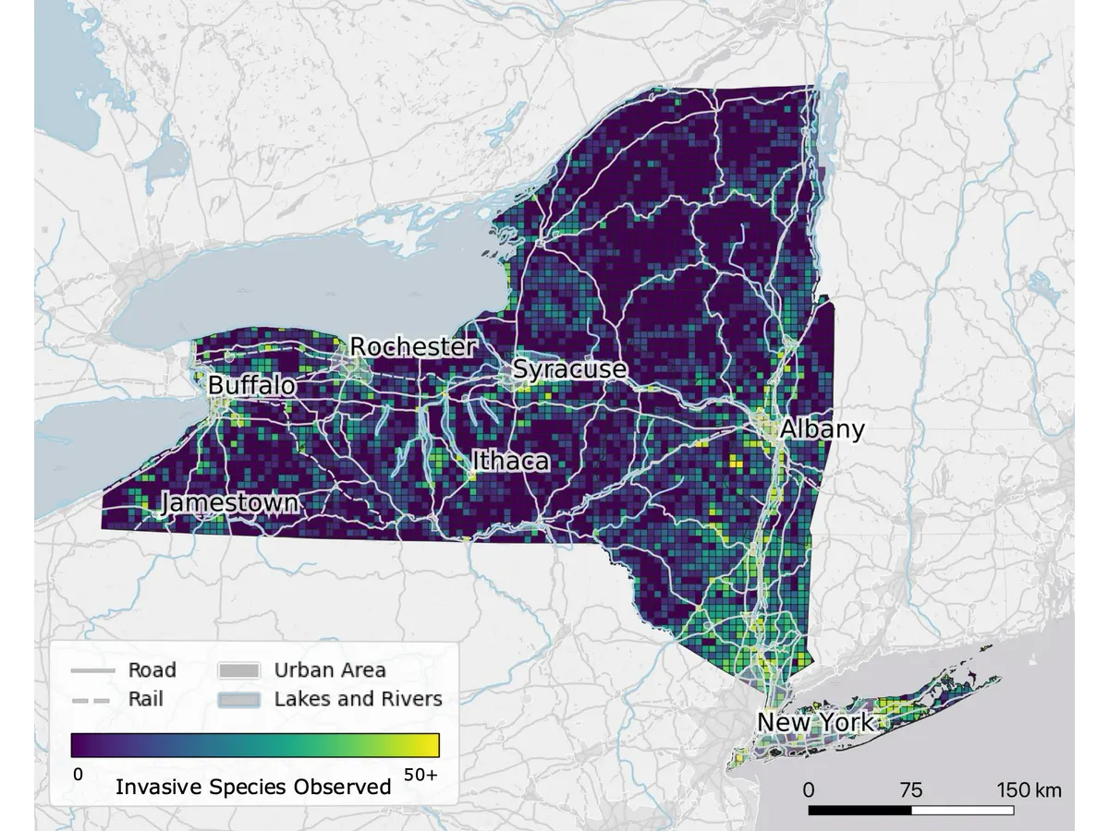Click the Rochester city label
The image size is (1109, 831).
412,347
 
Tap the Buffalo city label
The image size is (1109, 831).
251,385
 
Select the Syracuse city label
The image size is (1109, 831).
569,369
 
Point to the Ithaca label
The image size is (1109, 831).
510,461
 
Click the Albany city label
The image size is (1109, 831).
822,429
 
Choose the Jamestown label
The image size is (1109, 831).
230,503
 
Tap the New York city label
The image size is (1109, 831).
815,722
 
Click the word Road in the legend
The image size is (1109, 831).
152,670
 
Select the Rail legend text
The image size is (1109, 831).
145,699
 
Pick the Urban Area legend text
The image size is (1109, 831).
330,670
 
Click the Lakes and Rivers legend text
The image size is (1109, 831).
358,699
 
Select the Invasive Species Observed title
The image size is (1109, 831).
253,788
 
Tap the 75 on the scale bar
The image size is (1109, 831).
910,790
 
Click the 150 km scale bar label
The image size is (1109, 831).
1029,790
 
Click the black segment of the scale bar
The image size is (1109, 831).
859,810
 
